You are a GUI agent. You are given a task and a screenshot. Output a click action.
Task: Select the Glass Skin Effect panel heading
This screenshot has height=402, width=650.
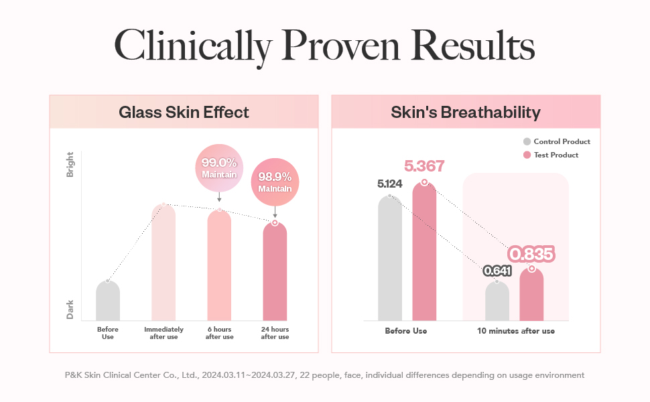click(184, 112)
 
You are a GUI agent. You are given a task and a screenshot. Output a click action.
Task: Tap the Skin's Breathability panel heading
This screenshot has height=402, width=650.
click(466, 112)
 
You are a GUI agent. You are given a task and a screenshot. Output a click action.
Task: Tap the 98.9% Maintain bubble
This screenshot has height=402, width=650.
click(275, 182)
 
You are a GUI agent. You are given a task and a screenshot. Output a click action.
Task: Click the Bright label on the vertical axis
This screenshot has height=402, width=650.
click(70, 164)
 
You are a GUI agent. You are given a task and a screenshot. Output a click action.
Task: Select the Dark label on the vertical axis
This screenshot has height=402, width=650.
click(70, 309)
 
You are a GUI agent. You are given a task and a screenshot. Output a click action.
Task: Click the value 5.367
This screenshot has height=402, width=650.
click(424, 166)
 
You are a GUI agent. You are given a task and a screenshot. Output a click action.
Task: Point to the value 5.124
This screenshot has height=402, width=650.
click(390, 184)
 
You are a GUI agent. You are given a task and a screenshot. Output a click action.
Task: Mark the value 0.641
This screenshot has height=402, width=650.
click(497, 271)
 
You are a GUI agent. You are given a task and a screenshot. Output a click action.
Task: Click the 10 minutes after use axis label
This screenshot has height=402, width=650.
click(515, 331)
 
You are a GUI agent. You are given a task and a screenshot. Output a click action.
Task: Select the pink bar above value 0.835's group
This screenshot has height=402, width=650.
click(531, 295)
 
